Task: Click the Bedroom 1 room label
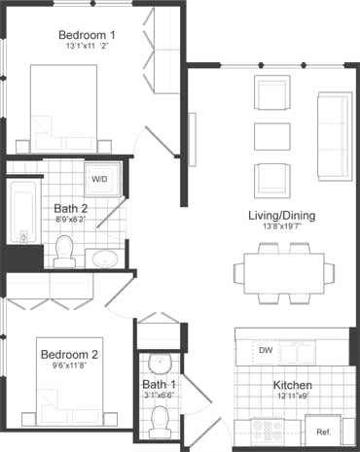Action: click(x=86, y=36)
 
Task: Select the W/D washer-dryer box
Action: click(x=100, y=180)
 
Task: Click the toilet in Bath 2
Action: click(x=65, y=251)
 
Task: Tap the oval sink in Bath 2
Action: click(x=104, y=259)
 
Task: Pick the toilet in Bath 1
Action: click(x=161, y=420)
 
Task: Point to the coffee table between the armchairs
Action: click(x=271, y=137)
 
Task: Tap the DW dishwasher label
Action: click(x=265, y=350)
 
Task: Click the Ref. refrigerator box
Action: click(x=322, y=431)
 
